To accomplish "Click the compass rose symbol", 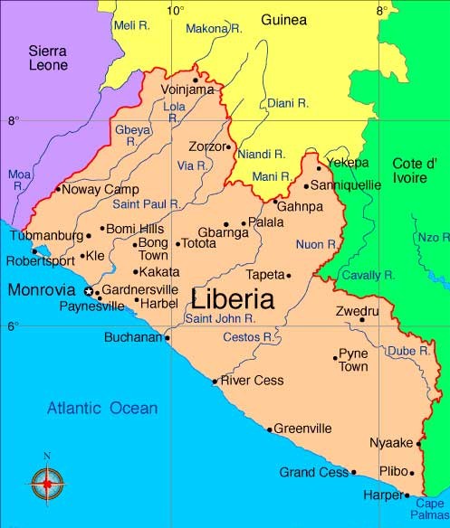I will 46,484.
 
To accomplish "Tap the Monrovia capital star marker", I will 88,291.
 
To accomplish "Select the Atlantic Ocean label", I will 102,409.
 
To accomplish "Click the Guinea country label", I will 283,19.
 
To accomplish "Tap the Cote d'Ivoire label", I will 415,170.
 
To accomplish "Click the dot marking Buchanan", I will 168,338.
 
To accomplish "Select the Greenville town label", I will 302,429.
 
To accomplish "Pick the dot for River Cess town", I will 215,382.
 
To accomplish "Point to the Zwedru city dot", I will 362,319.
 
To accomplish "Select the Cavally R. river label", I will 368,274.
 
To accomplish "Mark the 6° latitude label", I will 13,326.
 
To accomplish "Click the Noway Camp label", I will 94,189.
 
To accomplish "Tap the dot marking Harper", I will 407,495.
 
